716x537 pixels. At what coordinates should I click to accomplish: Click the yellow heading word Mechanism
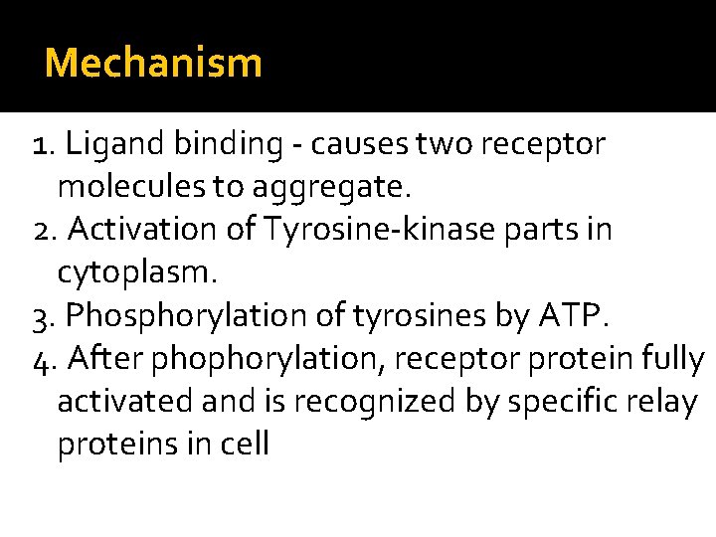pyautogui.click(x=154, y=64)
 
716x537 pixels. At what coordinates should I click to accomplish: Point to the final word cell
pyautogui.click(x=243, y=444)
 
